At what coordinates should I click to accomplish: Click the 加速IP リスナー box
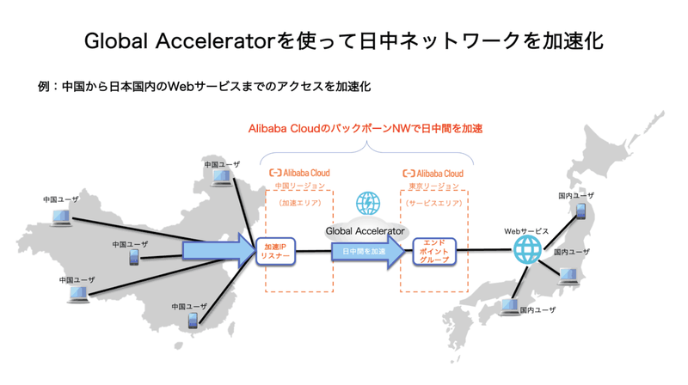coord(275,252)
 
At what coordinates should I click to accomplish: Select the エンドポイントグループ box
coord(433,252)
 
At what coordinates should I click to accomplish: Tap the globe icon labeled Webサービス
coord(526,251)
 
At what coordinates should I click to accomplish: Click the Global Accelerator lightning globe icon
coord(368,205)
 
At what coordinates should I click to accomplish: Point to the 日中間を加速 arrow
coord(367,252)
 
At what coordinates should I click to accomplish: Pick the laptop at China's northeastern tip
coord(223,178)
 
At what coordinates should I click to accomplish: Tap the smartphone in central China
coord(134,257)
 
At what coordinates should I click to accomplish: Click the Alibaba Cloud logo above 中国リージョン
coord(299,174)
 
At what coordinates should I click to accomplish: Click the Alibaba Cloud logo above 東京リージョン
coord(433,174)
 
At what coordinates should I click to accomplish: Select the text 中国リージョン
coord(299,186)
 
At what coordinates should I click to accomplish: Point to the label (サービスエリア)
coord(433,204)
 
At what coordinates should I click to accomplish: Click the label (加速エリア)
coord(299,204)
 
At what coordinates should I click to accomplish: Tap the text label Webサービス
coord(526,231)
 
